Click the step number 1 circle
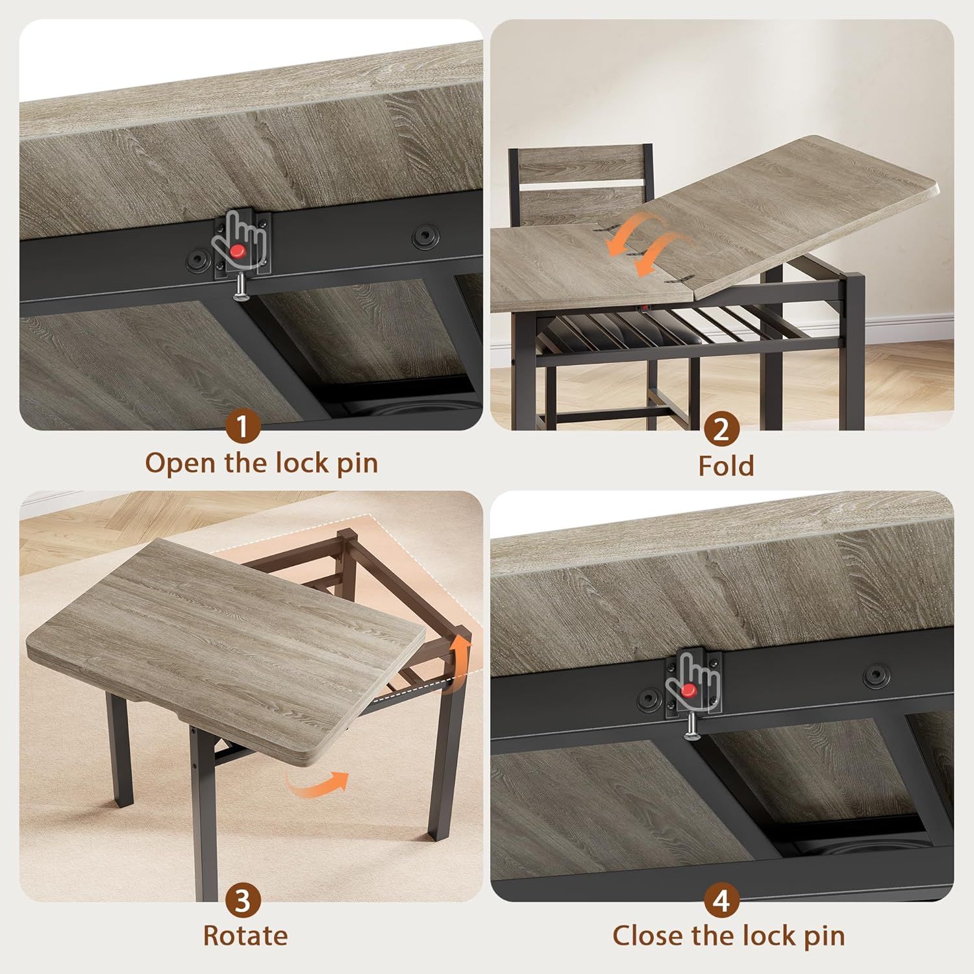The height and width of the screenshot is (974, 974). point(242,427)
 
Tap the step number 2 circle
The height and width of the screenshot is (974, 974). point(721,429)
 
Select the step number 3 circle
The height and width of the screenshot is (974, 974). point(243,900)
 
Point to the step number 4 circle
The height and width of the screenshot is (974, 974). point(721,900)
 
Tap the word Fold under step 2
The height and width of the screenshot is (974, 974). point(726,466)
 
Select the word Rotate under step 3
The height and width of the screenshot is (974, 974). point(245,936)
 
